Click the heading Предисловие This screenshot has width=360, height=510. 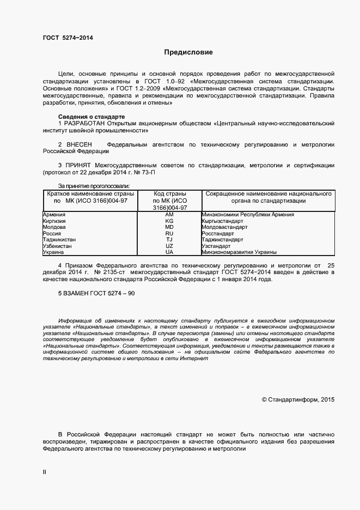tap(189, 52)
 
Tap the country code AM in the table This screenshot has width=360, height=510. tap(169, 215)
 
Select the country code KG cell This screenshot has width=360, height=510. tap(169, 221)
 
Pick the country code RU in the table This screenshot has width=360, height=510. tap(169, 233)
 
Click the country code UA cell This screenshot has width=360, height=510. tap(169, 252)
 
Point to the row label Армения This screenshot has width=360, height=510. tap(54, 215)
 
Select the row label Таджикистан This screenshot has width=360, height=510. tap(59, 240)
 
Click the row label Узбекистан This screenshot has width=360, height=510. tap(57, 246)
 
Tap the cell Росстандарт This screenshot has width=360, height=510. tap(217, 233)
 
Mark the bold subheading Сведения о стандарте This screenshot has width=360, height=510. tap(91, 117)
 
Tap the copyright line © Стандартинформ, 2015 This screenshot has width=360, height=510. tap(298, 399)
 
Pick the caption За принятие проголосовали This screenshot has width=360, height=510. tap(90, 185)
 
